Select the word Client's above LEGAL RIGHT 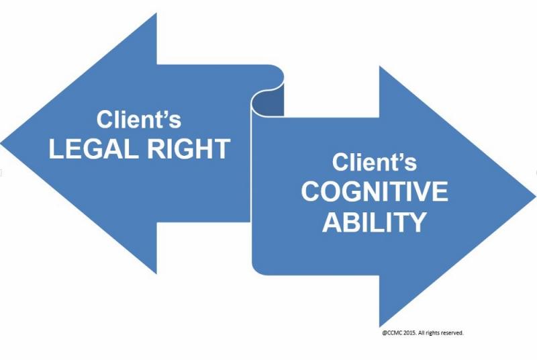(x=139, y=120)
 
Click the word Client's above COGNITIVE (x=375, y=163)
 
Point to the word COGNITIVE (x=375, y=192)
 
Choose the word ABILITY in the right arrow (x=375, y=222)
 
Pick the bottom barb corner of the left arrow (x=156, y=272)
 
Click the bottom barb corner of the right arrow (x=380, y=326)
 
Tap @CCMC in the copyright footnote (x=389, y=332)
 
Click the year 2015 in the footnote (x=407, y=332)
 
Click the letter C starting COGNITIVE (x=311, y=192)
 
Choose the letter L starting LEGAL (x=56, y=149)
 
